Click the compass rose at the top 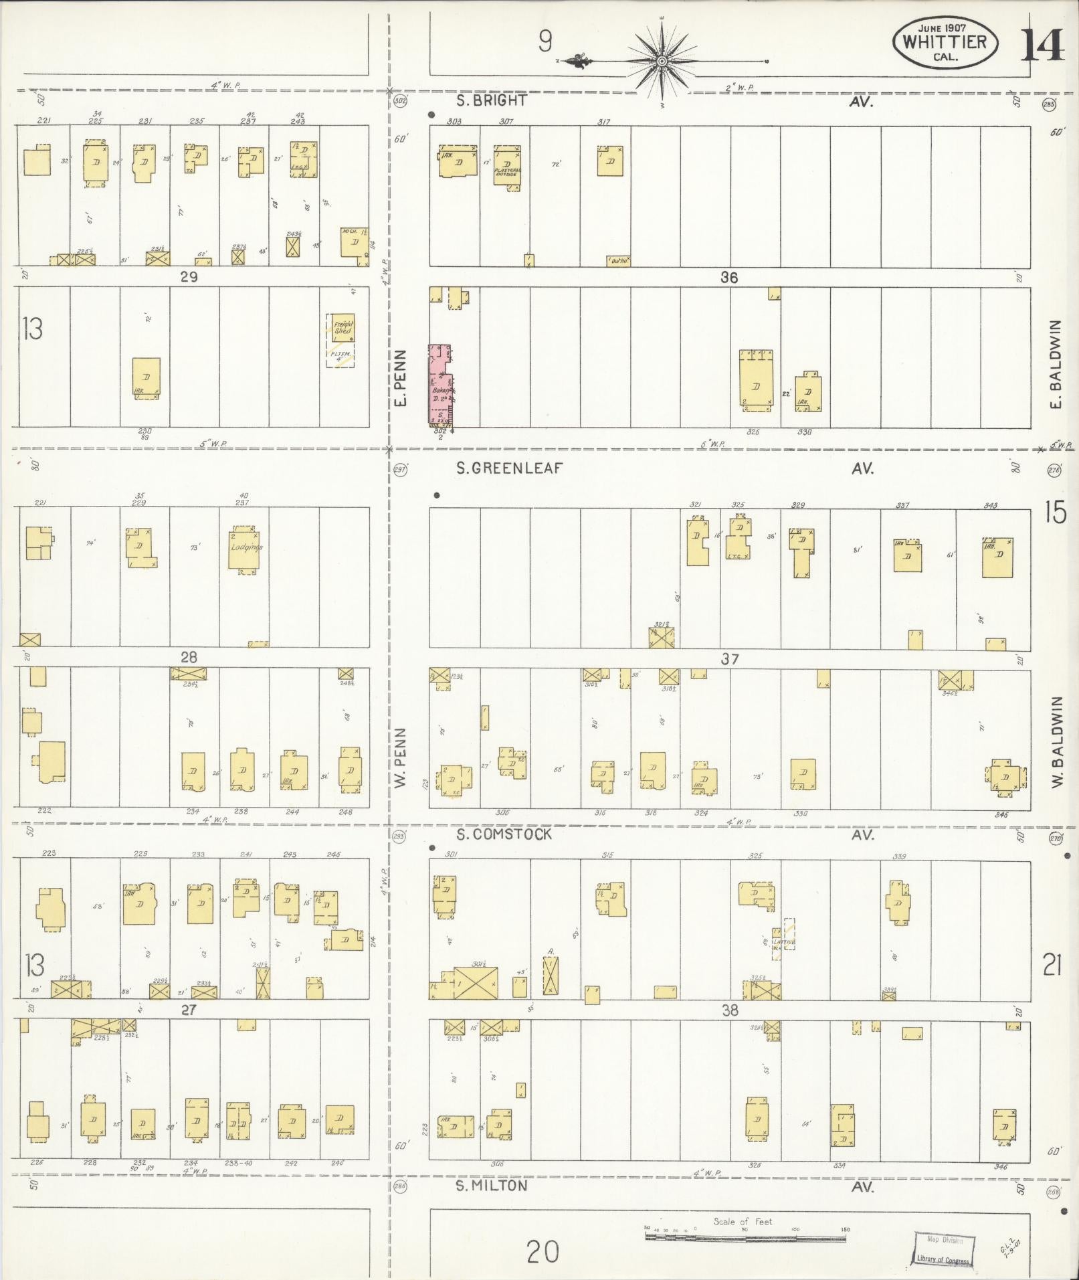point(662,62)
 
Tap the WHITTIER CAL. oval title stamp point(945,43)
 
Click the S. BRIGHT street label point(491,101)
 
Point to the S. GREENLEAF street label point(509,468)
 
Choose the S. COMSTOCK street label point(504,834)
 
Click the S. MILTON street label point(491,1186)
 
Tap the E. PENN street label point(401,377)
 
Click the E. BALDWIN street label point(1056,365)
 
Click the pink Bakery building point(441,386)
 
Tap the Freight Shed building point(340,329)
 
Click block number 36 point(729,277)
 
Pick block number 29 point(189,276)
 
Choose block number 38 point(729,1010)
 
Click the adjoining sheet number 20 point(542,1251)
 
